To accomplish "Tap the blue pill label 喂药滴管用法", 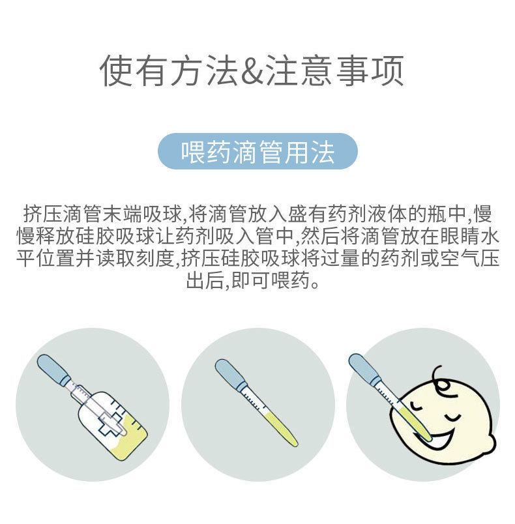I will point(257,151).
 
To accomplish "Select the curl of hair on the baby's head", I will point(443,379).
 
